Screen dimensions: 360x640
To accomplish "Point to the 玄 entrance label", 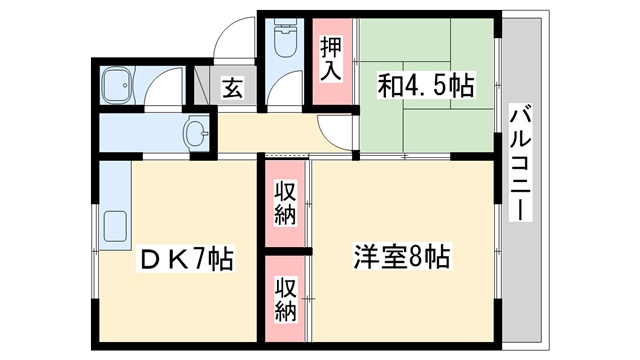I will coord(232,88).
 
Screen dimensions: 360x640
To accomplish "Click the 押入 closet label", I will coord(331,59).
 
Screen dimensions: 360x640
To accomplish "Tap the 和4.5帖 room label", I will coord(425,87).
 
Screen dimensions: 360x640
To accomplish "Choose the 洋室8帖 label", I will coord(400,256).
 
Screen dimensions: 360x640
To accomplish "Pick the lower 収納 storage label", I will coord(286,297).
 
